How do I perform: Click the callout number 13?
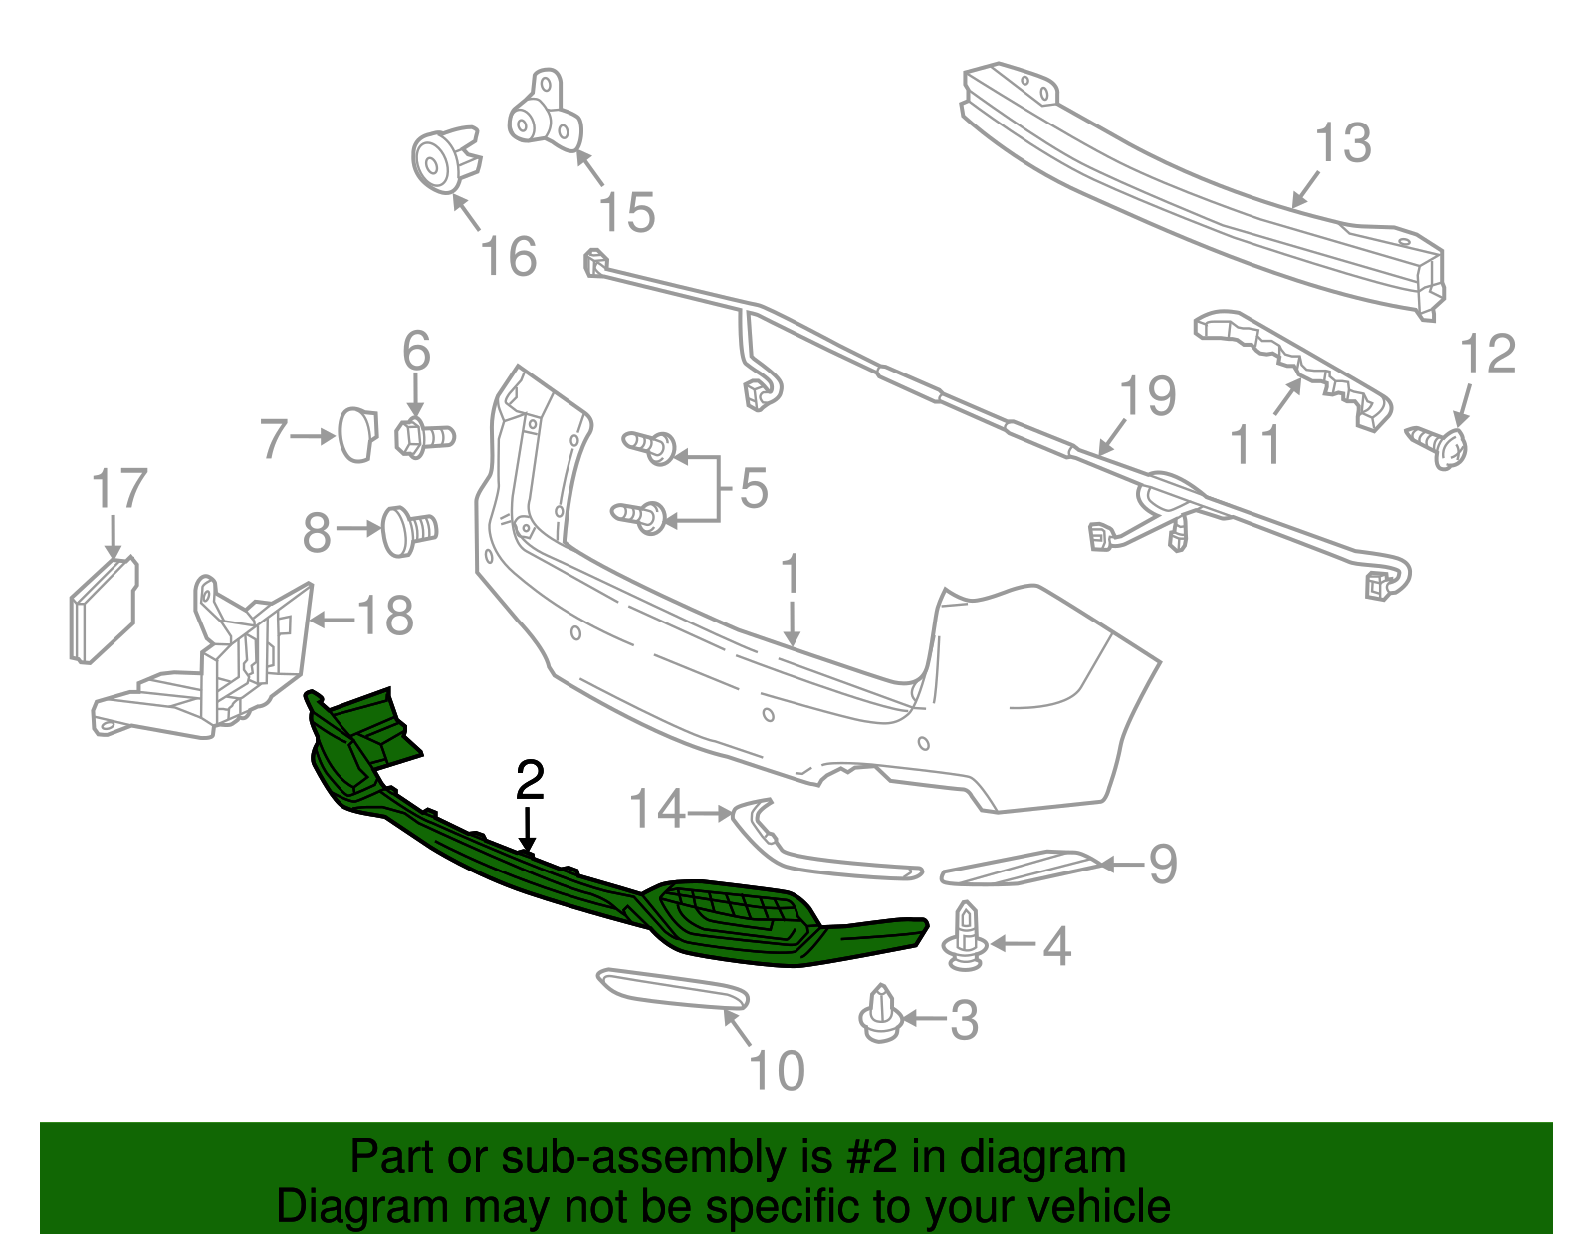click(1343, 143)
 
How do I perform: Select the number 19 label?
click(1147, 396)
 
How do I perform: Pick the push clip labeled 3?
click(881, 1014)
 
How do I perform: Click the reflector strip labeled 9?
click(1019, 867)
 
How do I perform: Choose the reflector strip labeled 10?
click(673, 989)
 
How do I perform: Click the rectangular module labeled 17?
click(103, 610)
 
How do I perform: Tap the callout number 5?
click(754, 489)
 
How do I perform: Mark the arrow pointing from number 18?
click(333, 620)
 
